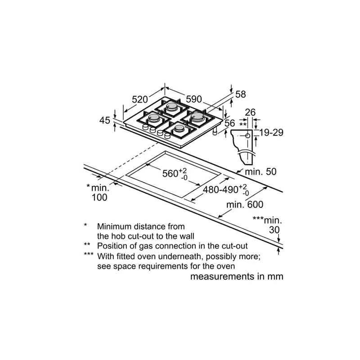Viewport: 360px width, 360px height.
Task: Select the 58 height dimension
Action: pyautogui.click(x=241, y=94)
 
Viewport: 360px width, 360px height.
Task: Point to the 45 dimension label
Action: pyautogui.click(x=104, y=120)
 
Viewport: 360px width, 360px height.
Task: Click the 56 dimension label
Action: pyautogui.click(x=230, y=123)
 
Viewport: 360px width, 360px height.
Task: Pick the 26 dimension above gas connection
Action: pyautogui.click(x=250, y=112)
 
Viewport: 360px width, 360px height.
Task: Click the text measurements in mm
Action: pyautogui.click(x=237, y=276)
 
